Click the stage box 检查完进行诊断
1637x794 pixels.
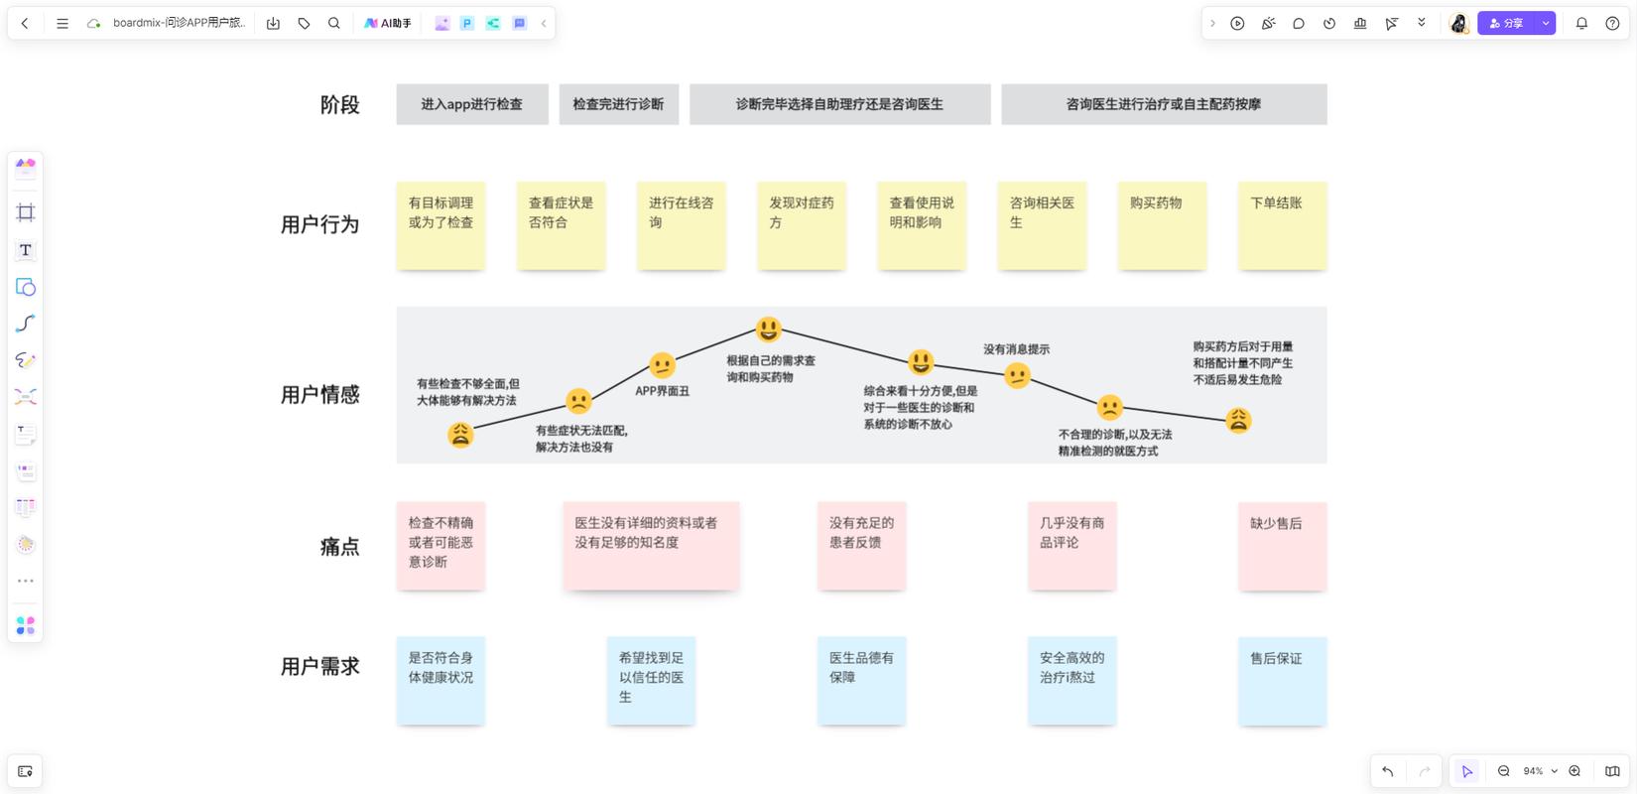[x=618, y=104]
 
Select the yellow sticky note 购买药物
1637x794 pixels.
[x=1162, y=226]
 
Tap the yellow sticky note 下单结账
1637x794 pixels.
[x=1283, y=226]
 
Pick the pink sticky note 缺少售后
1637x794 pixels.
[x=1283, y=546]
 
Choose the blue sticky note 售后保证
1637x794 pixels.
[x=1283, y=681]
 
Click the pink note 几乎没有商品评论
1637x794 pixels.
[x=1072, y=546]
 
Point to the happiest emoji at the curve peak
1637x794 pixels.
[x=768, y=329]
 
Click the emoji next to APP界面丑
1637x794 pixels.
[x=662, y=365]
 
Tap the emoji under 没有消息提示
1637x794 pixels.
[x=1017, y=376]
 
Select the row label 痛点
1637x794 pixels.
[x=340, y=546]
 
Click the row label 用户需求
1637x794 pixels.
[x=320, y=666]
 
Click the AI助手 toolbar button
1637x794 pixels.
[x=388, y=24]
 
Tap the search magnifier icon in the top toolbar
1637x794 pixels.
[x=334, y=24]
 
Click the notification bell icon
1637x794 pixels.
[x=1581, y=24]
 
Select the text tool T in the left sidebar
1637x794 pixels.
[x=26, y=250]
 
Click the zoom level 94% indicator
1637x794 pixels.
[x=1533, y=771]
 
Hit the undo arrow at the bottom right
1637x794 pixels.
[x=1388, y=771]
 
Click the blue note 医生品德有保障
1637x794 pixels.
[x=861, y=681]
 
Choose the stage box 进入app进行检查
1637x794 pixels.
[x=472, y=104]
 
